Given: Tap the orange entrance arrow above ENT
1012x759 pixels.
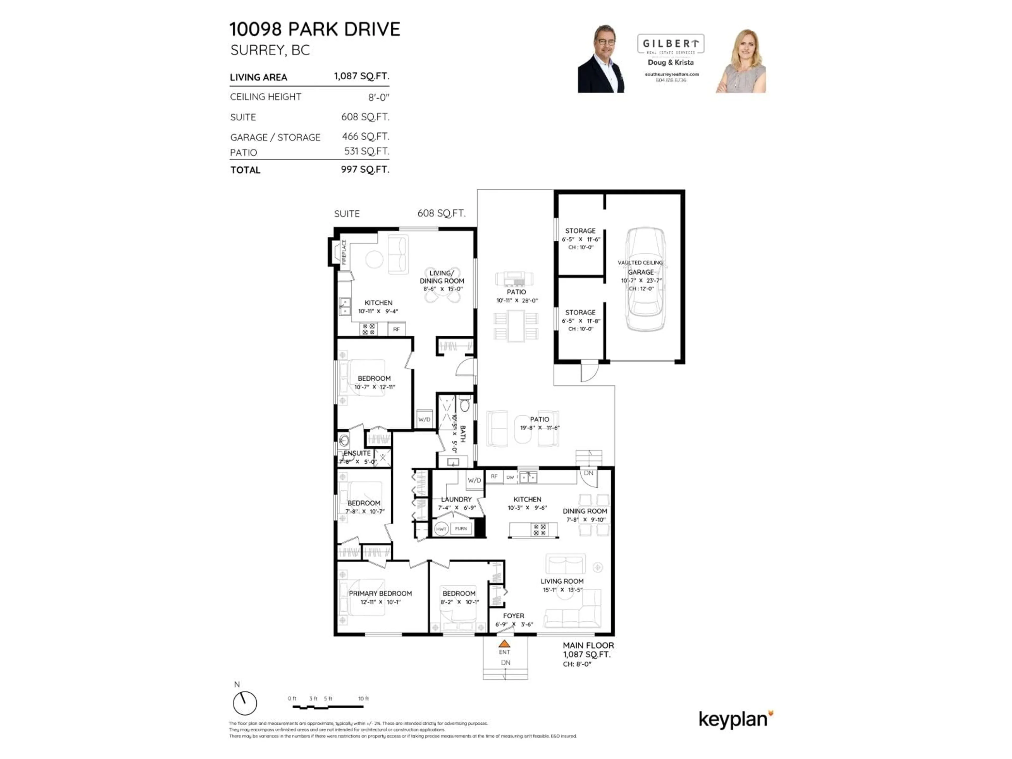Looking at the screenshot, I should pyautogui.click(x=504, y=643).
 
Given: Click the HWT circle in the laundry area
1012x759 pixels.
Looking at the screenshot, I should pyautogui.click(x=441, y=529).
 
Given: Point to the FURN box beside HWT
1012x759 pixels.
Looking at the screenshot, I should pyautogui.click(x=461, y=528).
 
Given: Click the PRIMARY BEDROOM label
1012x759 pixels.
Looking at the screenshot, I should pyautogui.click(x=380, y=593).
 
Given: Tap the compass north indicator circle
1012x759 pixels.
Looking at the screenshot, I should pyautogui.click(x=245, y=703).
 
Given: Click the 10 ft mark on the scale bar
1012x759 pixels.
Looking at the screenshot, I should pyautogui.click(x=363, y=699).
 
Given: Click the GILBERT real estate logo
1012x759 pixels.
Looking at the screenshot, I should pyautogui.click(x=671, y=44).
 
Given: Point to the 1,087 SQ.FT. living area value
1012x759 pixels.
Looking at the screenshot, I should pyautogui.click(x=361, y=76).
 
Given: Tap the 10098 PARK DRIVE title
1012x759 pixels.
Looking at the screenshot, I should pyautogui.click(x=314, y=29).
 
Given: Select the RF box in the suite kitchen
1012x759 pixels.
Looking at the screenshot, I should pyautogui.click(x=396, y=329).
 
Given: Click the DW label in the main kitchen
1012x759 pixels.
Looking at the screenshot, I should pyautogui.click(x=510, y=477).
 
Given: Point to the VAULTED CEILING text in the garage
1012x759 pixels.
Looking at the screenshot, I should pyautogui.click(x=640, y=262).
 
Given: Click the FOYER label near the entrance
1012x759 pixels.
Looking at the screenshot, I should pyautogui.click(x=513, y=616).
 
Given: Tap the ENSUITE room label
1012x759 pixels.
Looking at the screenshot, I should pyautogui.click(x=357, y=453).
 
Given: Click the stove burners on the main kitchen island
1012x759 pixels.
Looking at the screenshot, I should pyautogui.click(x=540, y=530).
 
